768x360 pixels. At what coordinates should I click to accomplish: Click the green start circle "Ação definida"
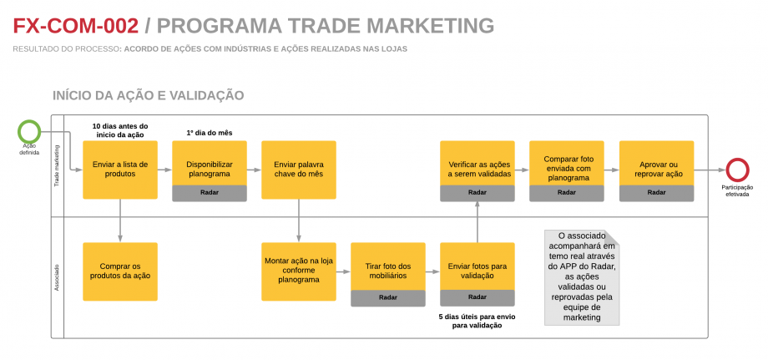29,132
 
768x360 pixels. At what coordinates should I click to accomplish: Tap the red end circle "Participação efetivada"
736,170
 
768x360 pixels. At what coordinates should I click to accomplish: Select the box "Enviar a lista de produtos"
120,169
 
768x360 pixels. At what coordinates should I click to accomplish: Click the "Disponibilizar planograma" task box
210,163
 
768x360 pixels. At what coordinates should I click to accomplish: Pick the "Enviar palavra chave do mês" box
298,169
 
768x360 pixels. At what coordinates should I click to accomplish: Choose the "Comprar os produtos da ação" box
120,271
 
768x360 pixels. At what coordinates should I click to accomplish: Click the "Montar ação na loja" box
298,271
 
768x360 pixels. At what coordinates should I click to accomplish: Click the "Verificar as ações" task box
477,163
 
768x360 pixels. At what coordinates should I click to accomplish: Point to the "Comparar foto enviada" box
566,163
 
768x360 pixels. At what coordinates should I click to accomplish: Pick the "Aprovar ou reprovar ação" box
656,163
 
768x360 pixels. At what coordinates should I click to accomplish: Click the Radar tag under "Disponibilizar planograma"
210,192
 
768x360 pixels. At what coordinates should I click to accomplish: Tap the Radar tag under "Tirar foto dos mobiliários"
387,297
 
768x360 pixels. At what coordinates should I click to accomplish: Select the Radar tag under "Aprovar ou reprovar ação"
656,192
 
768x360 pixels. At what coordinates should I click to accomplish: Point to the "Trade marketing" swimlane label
58,166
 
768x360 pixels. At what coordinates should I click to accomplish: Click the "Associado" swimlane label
58,276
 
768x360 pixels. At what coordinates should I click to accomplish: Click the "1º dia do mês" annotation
209,132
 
